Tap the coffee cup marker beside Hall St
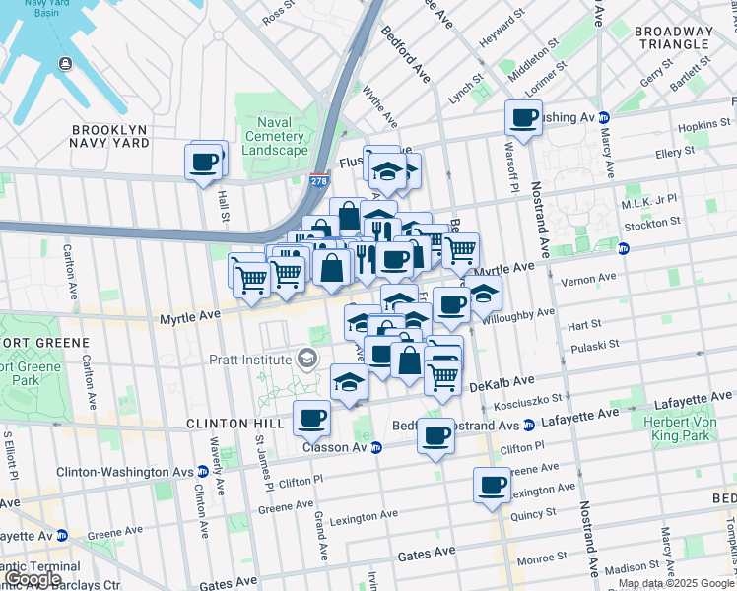(205, 161)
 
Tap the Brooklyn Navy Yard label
(109, 136)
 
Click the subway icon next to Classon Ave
(375, 447)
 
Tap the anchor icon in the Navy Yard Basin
(65, 64)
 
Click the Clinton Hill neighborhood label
(234, 424)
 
